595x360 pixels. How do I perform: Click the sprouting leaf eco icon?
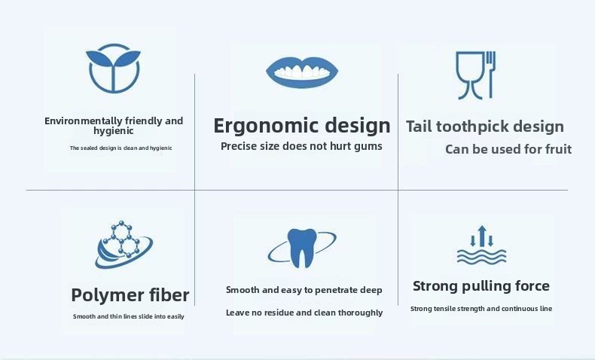113,69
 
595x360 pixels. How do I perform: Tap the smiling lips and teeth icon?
302,72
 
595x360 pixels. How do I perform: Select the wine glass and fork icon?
476,75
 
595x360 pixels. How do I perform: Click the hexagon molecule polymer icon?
124,245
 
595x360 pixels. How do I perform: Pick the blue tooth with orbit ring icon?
302,248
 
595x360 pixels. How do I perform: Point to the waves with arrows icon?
481,245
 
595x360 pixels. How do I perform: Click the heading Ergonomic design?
302,126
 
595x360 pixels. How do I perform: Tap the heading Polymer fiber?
130,295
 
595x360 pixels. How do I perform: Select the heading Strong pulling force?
481,286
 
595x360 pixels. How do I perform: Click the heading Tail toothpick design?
485,127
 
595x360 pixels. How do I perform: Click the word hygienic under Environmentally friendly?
114,131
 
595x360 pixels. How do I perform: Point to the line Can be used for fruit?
508,149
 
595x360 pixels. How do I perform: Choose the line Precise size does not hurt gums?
301,146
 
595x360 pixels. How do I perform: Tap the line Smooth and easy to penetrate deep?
304,290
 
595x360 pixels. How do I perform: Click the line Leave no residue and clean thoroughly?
304,313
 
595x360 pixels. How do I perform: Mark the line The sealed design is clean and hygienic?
121,148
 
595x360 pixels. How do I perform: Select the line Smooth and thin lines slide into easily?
129,316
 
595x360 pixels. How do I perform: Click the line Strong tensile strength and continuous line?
481,309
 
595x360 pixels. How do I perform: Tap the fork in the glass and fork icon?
490,75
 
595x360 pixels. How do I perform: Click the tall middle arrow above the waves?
482,236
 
